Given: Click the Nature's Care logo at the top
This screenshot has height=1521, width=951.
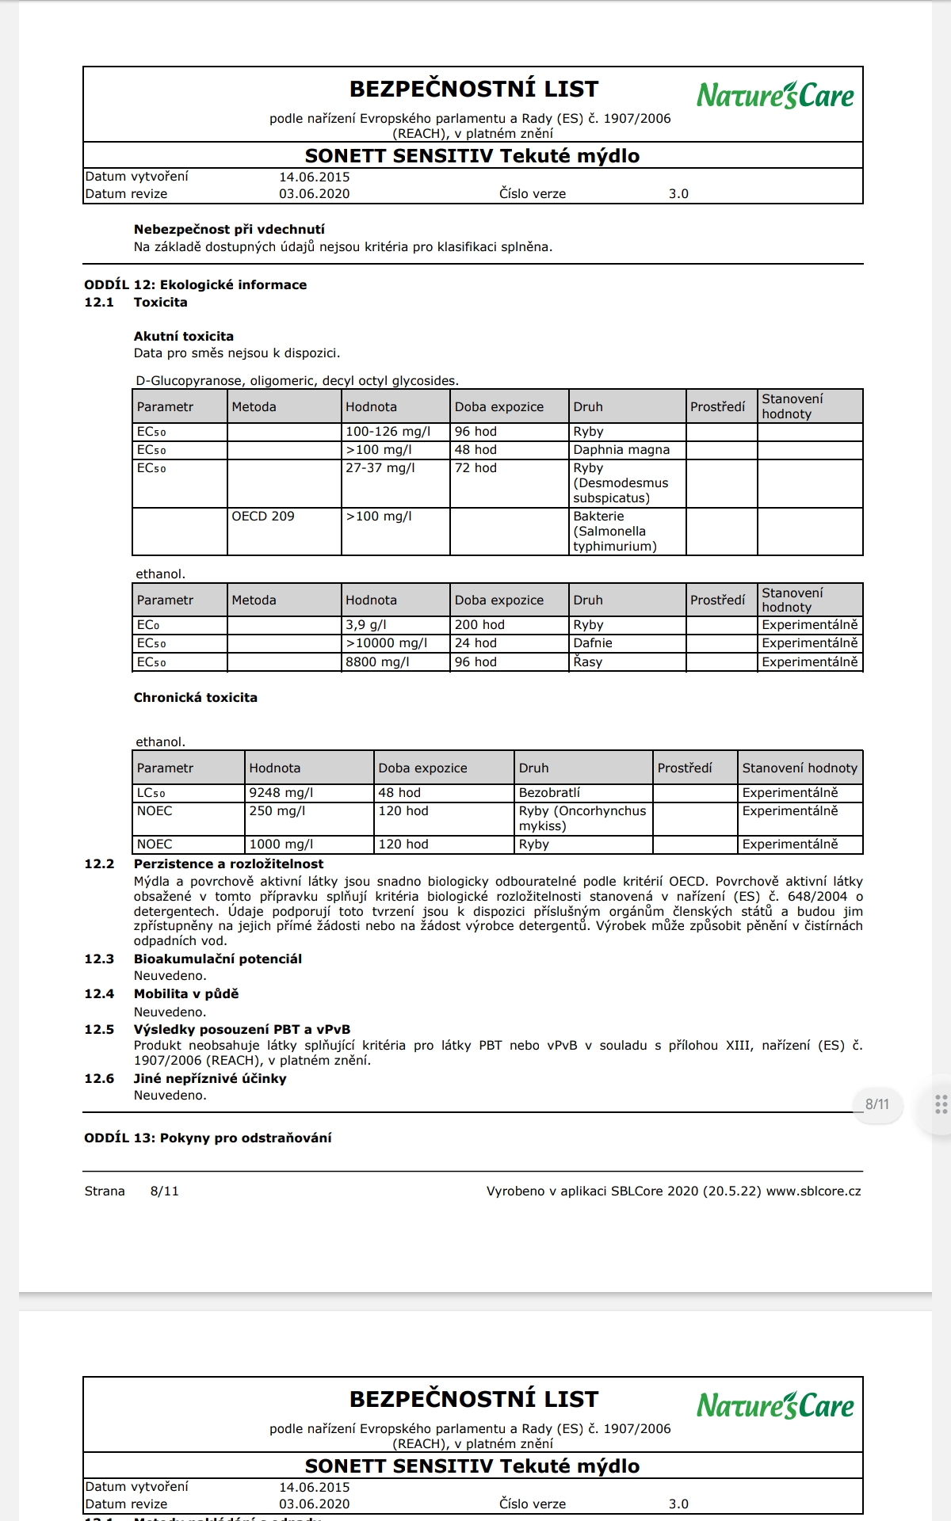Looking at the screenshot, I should coord(775,96).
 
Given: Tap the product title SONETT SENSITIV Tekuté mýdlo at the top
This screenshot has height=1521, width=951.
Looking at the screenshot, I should coord(472,156).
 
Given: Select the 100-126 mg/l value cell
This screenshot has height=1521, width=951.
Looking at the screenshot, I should coord(388,432).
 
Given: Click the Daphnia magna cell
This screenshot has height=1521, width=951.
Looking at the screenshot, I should coord(621,450).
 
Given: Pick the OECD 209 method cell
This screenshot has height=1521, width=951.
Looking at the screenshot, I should coord(263,517).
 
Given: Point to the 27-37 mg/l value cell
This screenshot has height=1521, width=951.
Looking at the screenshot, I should coord(380,468).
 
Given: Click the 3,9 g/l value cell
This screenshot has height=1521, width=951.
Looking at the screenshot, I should coord(366,625).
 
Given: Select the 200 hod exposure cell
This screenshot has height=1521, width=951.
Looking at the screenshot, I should coord(479,625).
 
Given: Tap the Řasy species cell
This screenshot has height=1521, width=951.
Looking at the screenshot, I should coord(588,662).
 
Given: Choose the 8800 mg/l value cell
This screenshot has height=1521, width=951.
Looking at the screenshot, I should coord(377,662).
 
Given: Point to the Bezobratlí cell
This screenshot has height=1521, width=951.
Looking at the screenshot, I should coord(549,793).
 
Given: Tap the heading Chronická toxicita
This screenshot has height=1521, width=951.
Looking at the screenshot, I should coord(196,698).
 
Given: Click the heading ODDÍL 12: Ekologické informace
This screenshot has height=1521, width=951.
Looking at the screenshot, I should coord(196,285).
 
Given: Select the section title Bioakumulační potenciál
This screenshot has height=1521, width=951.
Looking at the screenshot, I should coord(218,959).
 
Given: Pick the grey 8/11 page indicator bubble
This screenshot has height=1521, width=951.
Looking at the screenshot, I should coord(877,1104).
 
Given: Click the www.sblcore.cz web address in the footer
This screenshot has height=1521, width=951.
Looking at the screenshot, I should coord(814,1191).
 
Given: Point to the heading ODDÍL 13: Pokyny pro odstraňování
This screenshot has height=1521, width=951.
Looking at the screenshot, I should coord(208,1138).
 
